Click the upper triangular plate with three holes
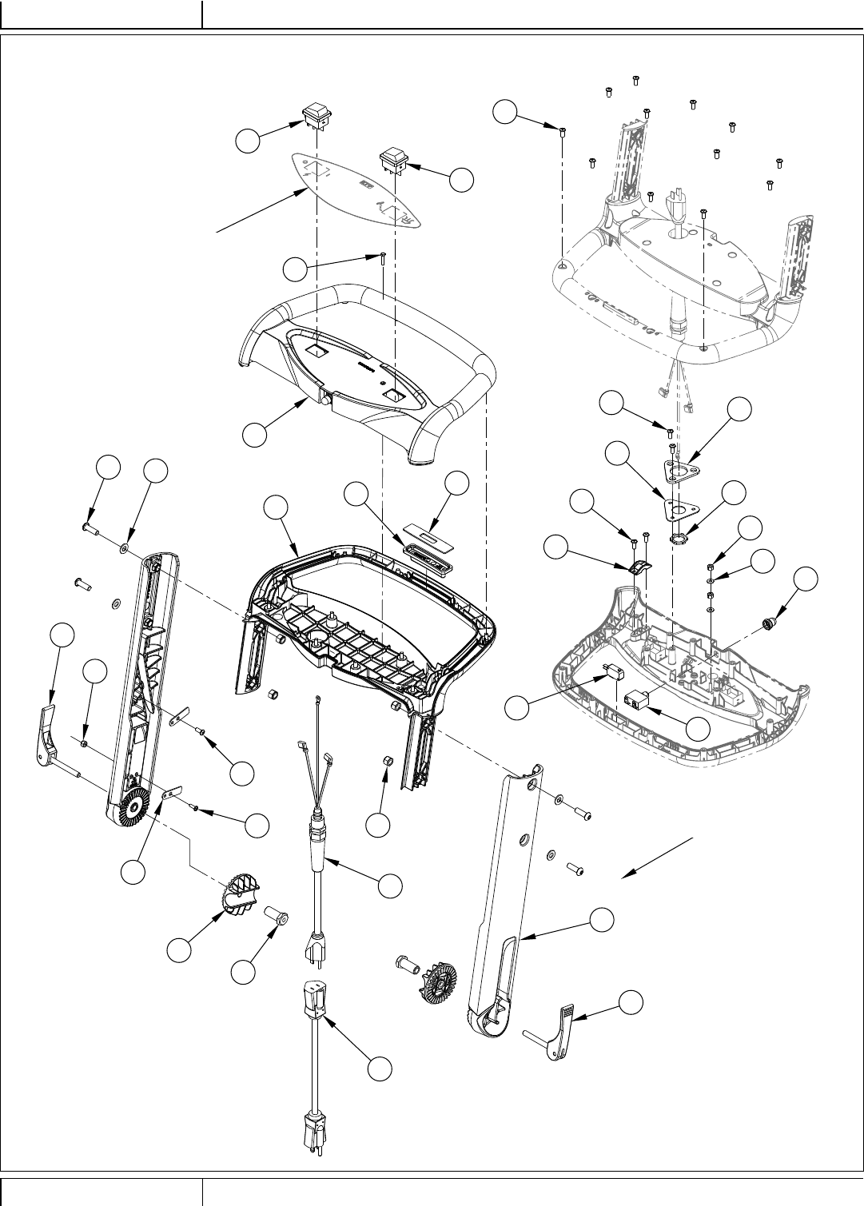point(678,471)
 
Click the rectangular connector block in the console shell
point(639,701)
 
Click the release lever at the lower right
point(559,1035)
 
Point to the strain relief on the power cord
point(320,843)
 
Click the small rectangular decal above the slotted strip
point(425,527)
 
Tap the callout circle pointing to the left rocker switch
point(249,141)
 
